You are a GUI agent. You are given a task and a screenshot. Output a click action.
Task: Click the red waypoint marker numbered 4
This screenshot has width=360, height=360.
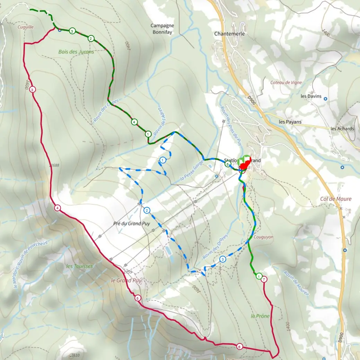point(57,208)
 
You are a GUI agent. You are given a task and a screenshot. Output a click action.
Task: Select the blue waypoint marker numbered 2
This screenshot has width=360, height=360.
point(147,210)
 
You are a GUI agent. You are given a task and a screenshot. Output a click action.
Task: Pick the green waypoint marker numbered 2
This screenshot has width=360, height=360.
point(91,38)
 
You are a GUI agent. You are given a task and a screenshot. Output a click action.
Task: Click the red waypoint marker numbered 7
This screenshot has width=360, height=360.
point(264,279)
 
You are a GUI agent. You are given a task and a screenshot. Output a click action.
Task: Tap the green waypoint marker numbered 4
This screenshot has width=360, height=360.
point(134,122)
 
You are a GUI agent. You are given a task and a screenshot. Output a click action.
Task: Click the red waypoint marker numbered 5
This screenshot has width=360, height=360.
point(138,298)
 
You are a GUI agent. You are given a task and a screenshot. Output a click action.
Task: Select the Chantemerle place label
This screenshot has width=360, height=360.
point(229,34)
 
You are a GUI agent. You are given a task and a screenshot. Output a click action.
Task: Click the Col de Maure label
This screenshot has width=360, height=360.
point(336,199)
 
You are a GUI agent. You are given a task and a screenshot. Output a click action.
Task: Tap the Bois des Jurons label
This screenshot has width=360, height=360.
point(76,52)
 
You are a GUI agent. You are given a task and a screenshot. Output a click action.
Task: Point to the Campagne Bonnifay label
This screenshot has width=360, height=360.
point(162,29)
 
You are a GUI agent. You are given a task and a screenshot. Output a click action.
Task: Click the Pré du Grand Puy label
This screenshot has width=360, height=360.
point(132,223)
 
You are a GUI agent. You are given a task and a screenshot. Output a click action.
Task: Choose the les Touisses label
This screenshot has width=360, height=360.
point(79,266)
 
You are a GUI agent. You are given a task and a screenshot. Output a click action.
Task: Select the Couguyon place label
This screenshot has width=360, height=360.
point(263,237)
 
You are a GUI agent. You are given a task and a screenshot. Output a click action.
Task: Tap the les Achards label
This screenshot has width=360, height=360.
point(342,129)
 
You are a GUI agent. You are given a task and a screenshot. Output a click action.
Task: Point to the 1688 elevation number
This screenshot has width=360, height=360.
point(54,165)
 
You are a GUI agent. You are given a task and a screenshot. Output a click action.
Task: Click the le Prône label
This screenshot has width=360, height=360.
point(260,316)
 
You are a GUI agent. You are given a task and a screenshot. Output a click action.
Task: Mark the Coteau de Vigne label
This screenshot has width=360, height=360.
point(287,82)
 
